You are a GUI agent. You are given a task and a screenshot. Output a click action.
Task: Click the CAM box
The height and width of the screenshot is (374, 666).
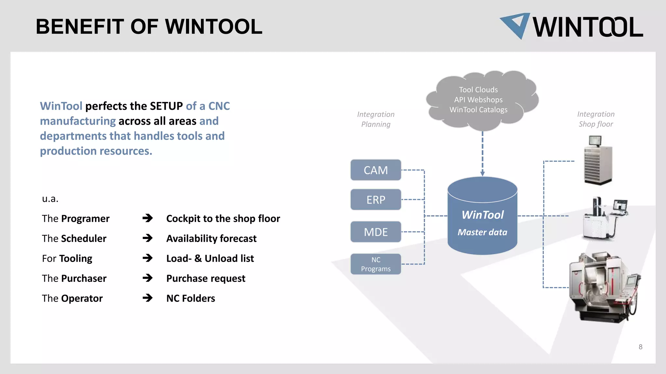click(376, 170)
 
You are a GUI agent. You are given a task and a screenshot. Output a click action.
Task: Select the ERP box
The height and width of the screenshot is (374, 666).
click(376, 200)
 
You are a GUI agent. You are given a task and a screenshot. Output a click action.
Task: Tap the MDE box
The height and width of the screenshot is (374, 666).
click(376, 232)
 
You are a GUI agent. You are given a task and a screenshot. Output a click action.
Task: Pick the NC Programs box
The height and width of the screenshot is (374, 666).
click(376, 264)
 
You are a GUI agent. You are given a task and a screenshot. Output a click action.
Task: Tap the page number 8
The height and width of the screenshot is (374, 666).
click(640, 347)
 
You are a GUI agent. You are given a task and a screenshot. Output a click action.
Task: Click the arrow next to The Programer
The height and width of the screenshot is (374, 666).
click(148, 218)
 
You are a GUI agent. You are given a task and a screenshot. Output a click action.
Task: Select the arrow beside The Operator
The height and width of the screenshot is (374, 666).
click(148, 298)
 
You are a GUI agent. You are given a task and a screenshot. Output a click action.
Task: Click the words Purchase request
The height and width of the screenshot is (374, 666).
click(206, 279)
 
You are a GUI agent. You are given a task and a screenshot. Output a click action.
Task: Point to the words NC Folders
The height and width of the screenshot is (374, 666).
click(191, 298)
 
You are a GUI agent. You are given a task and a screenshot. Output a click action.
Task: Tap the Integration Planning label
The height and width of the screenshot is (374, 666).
click(376, 119)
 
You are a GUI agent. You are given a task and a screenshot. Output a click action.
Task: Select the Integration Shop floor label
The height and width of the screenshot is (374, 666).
click(596, 119)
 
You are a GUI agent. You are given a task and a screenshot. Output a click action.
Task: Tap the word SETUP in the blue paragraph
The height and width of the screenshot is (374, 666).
click(166, 106)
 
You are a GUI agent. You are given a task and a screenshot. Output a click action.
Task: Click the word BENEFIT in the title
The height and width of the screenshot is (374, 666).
click(80, 27)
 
